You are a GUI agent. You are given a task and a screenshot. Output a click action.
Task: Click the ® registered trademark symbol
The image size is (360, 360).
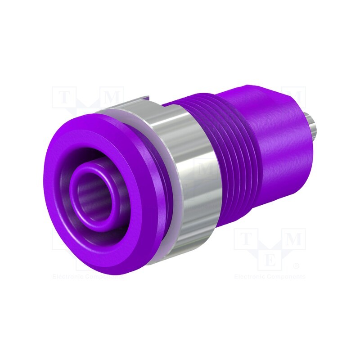[296, 266]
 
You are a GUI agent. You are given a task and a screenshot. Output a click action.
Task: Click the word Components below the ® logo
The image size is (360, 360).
[287, 277]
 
